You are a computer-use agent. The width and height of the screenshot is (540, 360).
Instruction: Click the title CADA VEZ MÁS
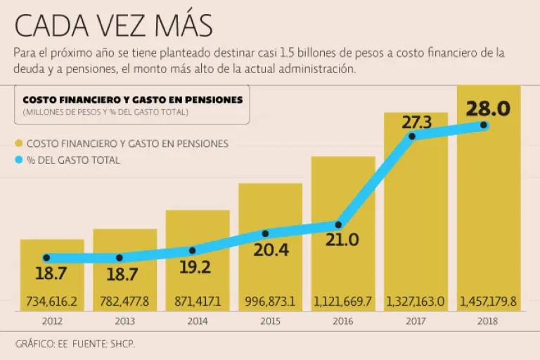[x=113, y=26]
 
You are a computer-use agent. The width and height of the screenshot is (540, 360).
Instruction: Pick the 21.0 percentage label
[x=342, y=240]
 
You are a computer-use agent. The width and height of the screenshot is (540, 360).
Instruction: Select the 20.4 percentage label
[x=271, y=250]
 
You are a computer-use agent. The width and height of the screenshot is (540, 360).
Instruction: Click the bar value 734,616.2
[x=52, y=301]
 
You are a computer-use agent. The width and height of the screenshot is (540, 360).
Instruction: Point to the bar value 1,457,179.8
[x=489, y=301]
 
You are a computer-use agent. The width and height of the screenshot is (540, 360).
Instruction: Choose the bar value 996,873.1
[x=271, y=301]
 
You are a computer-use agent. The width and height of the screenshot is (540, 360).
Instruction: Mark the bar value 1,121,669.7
[x=344, y=301]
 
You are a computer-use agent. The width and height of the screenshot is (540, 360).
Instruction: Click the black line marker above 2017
[x=412, y=136]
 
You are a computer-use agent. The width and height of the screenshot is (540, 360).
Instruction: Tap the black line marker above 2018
[x=484, y=125]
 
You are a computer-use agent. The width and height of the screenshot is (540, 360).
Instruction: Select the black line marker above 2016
[x=338, y=225]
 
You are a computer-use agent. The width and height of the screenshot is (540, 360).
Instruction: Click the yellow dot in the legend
[x=19, y=143]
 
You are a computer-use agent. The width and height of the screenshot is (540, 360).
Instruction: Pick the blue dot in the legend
[x=19, y=160]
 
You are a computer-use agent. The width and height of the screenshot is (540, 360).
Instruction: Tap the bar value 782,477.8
[x=124, y=301]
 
